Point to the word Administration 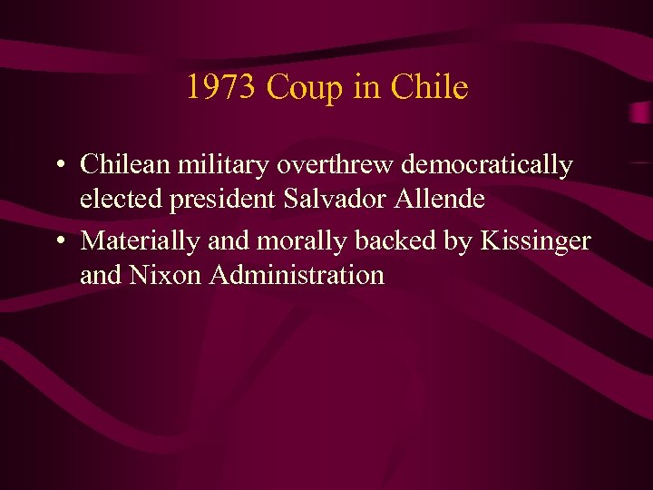297,274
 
